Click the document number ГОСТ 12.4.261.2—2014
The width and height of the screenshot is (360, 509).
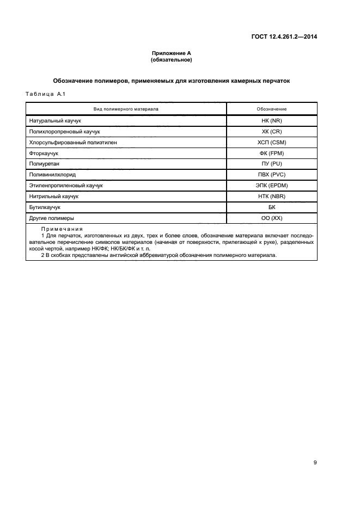point(284,37)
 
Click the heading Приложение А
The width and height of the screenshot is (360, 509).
point(172,53)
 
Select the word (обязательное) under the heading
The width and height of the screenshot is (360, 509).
point(172,60)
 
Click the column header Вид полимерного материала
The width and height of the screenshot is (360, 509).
point(126,109)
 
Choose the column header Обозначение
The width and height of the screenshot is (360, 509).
point(272,109)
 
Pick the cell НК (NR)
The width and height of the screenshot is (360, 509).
point(272,120)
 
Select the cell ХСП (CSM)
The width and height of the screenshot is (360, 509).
point(272,142)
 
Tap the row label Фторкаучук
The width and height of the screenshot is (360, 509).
point(44,153)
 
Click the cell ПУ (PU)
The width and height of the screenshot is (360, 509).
point(272,164)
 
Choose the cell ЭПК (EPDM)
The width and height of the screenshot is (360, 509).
point(272,186)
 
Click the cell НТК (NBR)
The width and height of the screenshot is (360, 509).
point(272,197)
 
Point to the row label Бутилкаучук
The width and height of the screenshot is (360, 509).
point(45,207)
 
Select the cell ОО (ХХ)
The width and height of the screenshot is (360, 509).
point(272,218)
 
